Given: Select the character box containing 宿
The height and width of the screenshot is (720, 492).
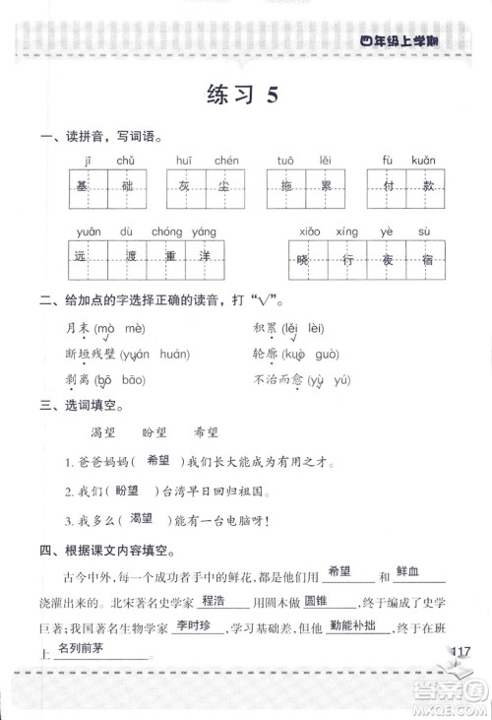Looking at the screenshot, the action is click(x=423, y=261).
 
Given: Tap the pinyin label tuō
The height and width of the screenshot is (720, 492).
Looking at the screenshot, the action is click(x=285, y=160).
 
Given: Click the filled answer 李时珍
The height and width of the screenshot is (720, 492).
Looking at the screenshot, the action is click(x=195, y=626).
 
